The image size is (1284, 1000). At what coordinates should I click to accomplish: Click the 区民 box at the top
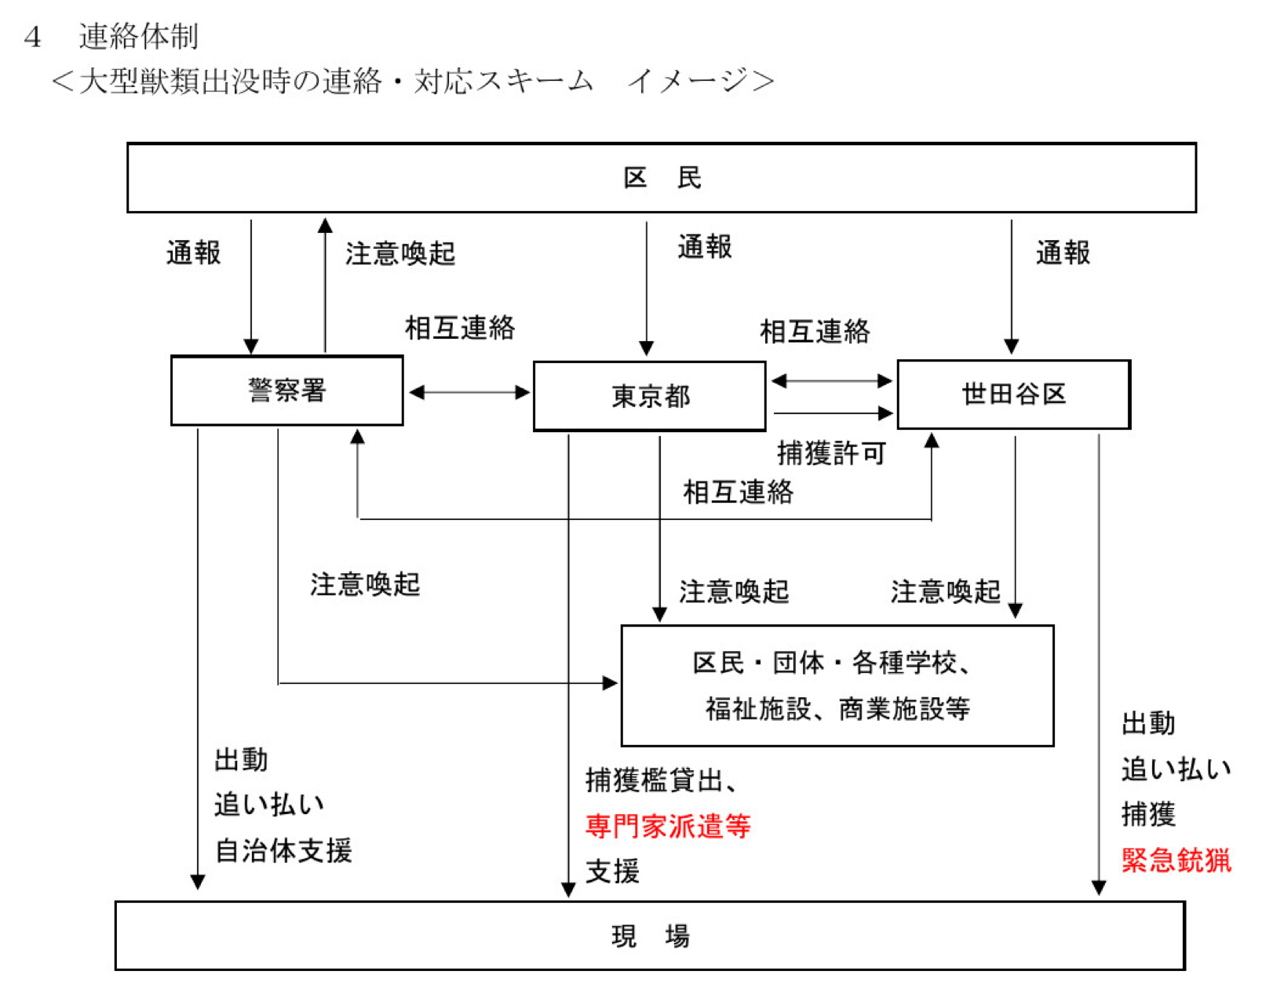click(661, 178)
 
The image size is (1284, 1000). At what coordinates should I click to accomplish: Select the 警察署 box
click(286, 391)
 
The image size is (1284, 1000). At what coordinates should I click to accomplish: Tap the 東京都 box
click(649, 396)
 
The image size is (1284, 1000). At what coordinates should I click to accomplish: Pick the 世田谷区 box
click(1013, 395)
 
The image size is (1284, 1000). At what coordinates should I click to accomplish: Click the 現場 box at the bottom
click(649, 936)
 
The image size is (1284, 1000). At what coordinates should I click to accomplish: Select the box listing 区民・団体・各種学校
click(837, 685)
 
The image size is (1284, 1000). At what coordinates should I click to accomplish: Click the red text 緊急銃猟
click(1176, 860)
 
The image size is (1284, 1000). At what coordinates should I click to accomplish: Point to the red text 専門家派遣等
click(668, 826)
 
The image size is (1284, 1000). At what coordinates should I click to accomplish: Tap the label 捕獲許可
click(831, 453)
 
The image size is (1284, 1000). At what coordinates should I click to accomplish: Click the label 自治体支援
click(283, 850)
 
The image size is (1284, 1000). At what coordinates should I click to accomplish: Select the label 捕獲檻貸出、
click(661, 780)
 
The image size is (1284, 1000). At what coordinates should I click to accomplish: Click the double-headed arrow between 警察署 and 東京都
click(469, 392)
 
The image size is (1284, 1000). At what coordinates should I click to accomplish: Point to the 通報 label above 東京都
click(704, 247)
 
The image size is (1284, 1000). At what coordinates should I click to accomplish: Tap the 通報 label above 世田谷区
click(1063, 253)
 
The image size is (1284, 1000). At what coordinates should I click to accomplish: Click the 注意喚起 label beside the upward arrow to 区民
click(400, 253)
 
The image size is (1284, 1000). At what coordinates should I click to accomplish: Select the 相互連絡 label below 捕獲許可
click(738, 492)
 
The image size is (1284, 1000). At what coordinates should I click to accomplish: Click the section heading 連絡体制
click(138, 36)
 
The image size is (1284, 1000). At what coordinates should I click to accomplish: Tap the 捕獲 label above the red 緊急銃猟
click(1147, 814)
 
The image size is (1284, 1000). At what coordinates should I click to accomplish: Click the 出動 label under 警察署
click(241, 759)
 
